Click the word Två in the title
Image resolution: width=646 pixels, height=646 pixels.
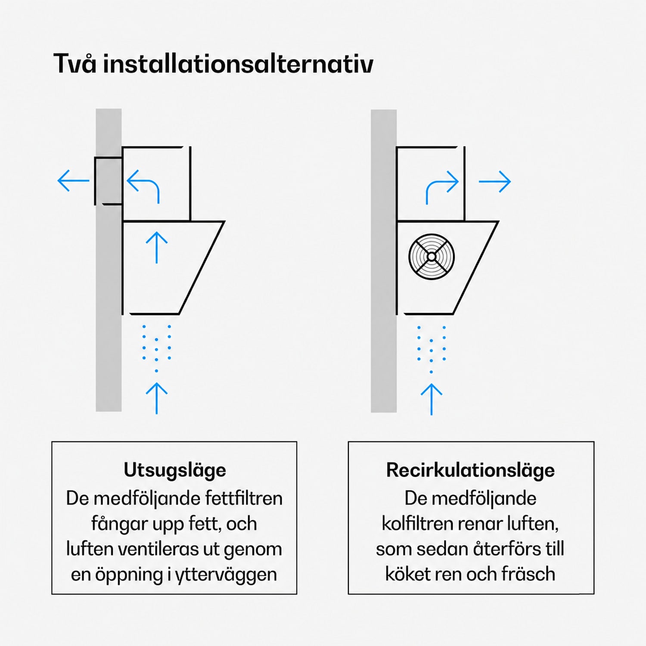coord(75,64)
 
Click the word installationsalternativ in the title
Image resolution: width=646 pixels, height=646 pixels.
coord(238,64)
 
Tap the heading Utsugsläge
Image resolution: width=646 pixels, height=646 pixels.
coord(174,470)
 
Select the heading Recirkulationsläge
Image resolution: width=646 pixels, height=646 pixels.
coord(470,470)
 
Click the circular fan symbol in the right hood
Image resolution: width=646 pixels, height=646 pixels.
coord(432,257)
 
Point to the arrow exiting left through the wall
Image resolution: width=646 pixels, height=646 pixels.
coord(73,180)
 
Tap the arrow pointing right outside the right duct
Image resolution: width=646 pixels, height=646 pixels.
coord(494,181)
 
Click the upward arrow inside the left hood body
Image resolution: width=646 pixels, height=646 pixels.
coord(156,248)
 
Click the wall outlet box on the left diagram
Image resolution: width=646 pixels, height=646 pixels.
coord(108,181)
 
